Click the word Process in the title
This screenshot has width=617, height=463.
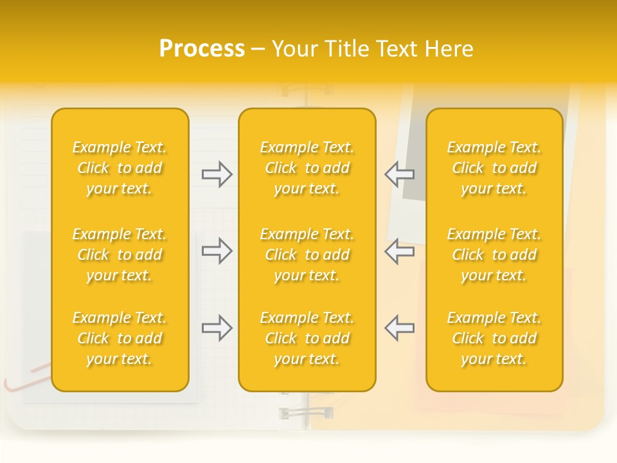click(202, 49)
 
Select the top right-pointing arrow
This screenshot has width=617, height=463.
click(217, 174)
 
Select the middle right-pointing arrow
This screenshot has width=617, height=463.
click(217, 251)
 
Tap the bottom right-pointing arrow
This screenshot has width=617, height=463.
click(217, 328)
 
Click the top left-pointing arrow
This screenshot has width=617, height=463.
click(399, 174)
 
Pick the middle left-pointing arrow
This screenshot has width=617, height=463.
click(399, 251)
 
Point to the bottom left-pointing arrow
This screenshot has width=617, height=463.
click(399, 328)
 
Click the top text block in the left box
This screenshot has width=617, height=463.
click(120, 168)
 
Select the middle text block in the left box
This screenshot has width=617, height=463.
click(120, 255)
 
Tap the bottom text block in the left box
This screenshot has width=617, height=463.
click(120, 338)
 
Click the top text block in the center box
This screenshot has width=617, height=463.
click(307, 168)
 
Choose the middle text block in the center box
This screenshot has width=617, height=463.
click(307, 255)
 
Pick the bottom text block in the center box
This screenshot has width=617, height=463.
click(307, 338)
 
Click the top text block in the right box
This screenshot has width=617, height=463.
click(494, 168)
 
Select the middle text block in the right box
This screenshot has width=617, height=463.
click(494, 255)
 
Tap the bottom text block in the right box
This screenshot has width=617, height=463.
click(494, 338)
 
